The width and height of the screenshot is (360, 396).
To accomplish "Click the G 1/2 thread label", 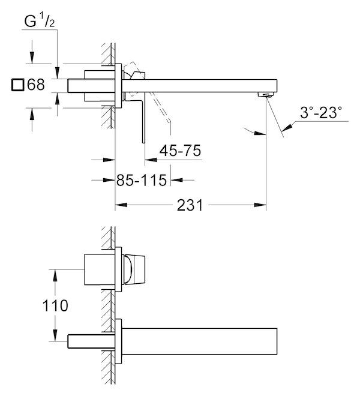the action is [x=40, y=21].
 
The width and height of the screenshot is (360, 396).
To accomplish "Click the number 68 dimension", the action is [x=36, y=85].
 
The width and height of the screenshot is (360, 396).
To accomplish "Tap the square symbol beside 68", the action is [x=18, y=85].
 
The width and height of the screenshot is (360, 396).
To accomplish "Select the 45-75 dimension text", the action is [x=180, y=151].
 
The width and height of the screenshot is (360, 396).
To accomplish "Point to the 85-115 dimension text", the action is [x=142, y=181].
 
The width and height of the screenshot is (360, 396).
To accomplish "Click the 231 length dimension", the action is [x=190, y=205].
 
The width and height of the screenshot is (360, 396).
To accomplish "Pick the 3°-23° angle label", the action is [x=321, y=112].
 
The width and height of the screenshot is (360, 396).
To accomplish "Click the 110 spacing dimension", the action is [x=55, y=305].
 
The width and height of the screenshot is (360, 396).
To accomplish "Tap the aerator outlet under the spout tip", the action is [x=266, y=95].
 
